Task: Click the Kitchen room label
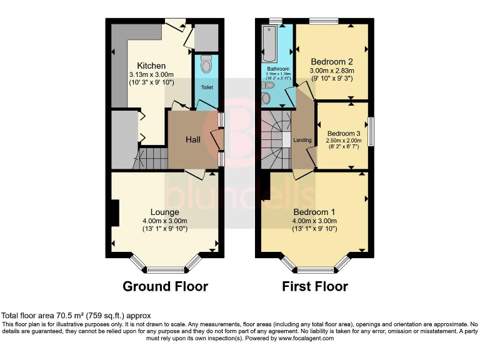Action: pyautogui.click(x=151, y=66)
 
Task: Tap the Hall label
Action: pyautogui.click(x=192, y=139)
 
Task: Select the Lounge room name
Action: pyautogui.click(x=164, y=212)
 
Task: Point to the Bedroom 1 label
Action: pyautogui.click(x=315, y=212)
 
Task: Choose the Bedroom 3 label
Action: pyautogui.click(x=343, y=133)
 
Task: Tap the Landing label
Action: pyautogui.click(x=302, y=140)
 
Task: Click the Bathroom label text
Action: pyautogui.click(x=278, y=69)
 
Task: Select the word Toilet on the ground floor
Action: pyautogui.click(x=207, y=87)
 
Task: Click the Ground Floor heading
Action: pyautogui.click(x=165, y=286)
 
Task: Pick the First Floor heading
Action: pyautogui.click(x=316, y=286)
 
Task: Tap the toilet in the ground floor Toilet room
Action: pyautogui.click(x=207, y=63)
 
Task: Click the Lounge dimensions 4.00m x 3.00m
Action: pyautogui.click(x=164, y=221)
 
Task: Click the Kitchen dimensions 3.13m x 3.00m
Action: pyautogui.click(x=151, y=74)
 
